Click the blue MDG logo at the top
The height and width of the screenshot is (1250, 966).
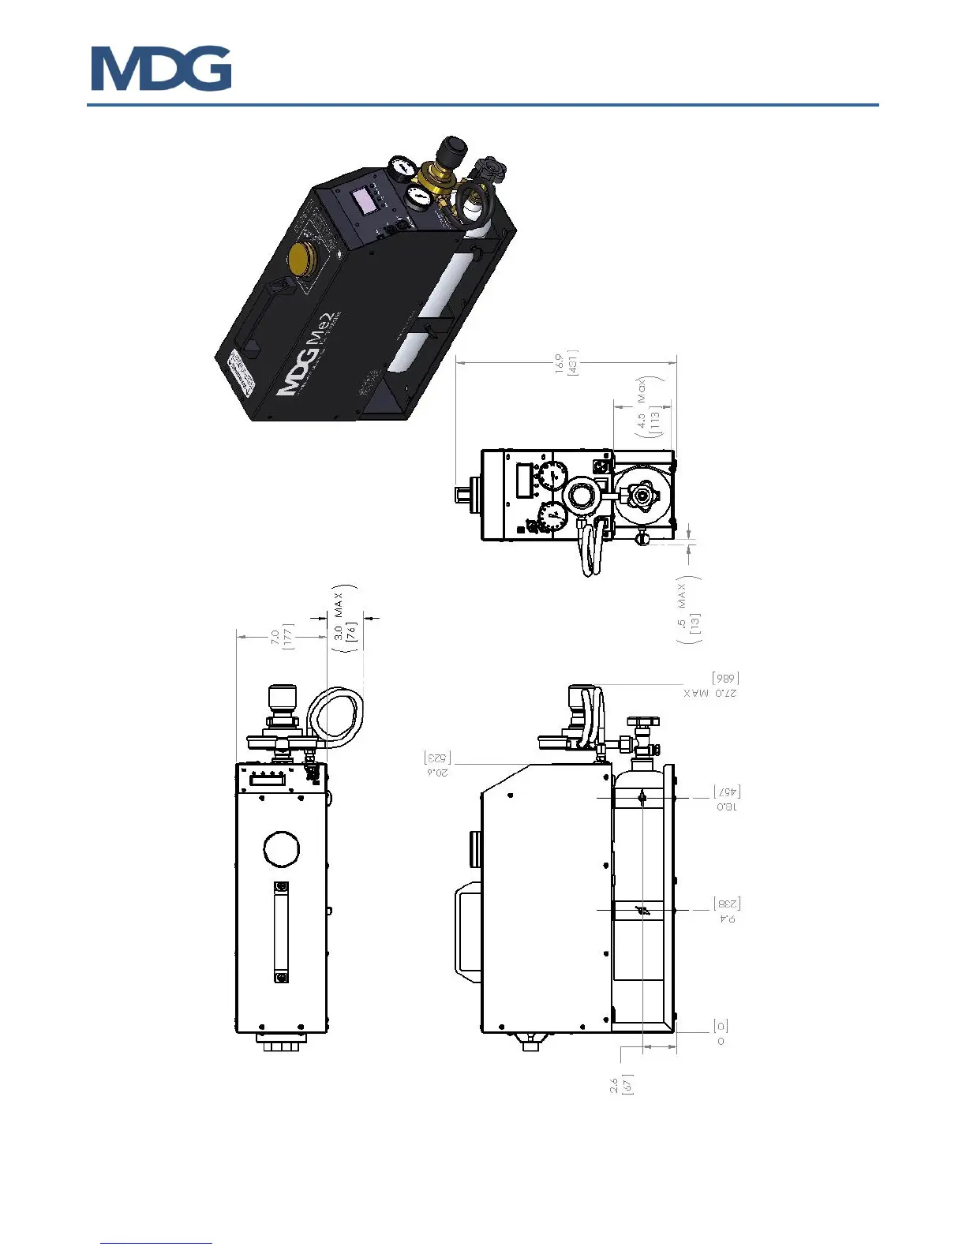(161, 69)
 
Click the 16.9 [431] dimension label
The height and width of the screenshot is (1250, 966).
(567, 363)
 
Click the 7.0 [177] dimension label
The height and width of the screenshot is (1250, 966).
(282, 635)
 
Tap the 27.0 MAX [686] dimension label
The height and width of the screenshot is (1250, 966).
(711, 686)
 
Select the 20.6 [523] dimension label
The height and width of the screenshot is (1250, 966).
(436, 764)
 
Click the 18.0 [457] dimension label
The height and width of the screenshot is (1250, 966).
(727, 799)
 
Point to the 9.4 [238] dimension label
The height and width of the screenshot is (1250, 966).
(727, 911)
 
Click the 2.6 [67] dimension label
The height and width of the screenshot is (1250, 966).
(621, 1083)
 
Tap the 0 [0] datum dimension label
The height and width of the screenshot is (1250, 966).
(721, 1033)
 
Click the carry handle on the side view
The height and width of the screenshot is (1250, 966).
(467, 933)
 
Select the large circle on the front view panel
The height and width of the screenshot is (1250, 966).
(281, 849)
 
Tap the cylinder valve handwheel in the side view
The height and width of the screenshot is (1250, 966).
(643, 721)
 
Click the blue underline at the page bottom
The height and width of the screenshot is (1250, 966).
(156, 1243)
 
